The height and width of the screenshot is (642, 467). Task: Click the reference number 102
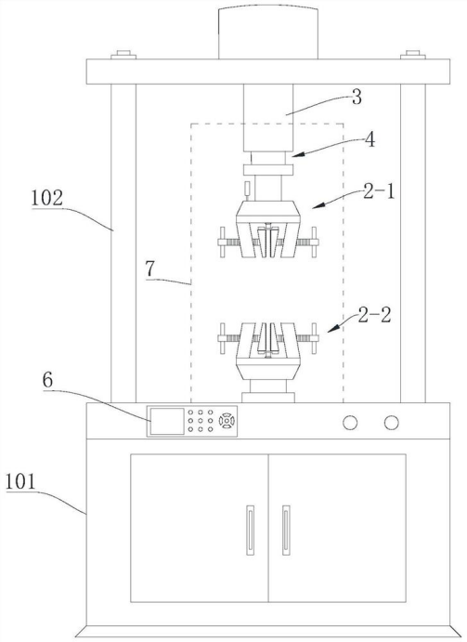point(47,199)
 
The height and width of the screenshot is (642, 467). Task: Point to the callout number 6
point(47,380)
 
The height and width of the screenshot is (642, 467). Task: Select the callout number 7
point(150,269)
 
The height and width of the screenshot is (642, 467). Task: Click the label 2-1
point(379,191)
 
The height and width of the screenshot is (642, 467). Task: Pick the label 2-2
point(374,315)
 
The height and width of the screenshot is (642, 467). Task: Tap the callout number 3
point(357,98)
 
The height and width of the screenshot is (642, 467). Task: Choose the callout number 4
point(370,140)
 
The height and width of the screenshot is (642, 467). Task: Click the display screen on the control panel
point(167,421)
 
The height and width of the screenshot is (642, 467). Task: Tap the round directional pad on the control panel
point(227,421)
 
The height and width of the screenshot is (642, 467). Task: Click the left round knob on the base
point(350,423)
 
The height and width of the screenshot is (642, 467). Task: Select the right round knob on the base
point(391,423)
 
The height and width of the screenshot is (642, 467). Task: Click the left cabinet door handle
point(250,531)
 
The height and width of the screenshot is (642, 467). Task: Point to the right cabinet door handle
point(286,531)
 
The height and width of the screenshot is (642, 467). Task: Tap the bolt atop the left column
point(123,55)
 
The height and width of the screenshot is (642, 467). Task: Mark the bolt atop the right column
point(412,55)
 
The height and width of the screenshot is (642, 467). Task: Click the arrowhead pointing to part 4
point(298,155)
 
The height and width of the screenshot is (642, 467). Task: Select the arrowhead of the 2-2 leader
point(333,328)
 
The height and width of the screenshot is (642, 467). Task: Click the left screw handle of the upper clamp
point(222,242)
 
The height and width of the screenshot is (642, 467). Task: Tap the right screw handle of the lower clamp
point(314,338)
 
